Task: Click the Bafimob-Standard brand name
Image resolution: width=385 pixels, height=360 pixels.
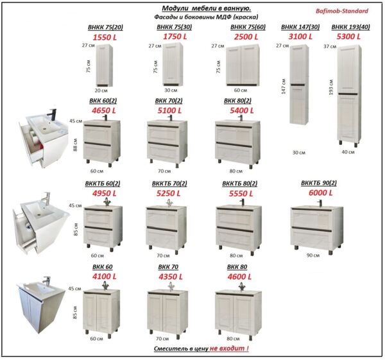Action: click(x=342, y=11)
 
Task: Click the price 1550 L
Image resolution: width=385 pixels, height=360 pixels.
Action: click(x=105, y=37)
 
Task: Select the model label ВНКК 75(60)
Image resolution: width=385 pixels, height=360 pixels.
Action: click(x=248, y=27)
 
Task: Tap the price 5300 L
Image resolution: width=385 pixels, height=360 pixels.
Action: click(x=348, y=37)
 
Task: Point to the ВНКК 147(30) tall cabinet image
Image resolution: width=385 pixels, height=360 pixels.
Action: click(x=299, y=85)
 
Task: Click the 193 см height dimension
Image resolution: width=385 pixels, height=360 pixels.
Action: click(x=330, y=87)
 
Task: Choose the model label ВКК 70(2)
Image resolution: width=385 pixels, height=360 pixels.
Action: click(x=169, y=101)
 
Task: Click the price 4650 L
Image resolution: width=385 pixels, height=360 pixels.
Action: click(x=104, y=110)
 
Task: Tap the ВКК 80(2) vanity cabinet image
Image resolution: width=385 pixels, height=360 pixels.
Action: click(x=237, y=142)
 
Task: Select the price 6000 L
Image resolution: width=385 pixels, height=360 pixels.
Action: click(x=320, y=193)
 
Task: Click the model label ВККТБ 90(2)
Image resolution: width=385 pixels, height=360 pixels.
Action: click(x=319, y=183)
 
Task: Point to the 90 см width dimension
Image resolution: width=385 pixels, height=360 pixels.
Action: click(x=313, y=255)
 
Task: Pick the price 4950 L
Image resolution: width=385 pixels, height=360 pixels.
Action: click(x=105, y=193)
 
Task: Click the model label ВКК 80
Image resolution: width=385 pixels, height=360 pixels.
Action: click(x=237, y=267)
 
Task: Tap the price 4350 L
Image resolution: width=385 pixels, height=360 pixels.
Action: click(x=171, y=277)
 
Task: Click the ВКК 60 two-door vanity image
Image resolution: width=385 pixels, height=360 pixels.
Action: click(x=101, y=311)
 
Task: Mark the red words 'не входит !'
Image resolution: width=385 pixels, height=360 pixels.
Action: click(x=229, y=348)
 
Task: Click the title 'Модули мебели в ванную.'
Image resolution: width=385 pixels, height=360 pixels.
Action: click(x=206, y=8)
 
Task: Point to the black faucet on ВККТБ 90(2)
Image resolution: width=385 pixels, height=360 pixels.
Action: click(x=320, y=203)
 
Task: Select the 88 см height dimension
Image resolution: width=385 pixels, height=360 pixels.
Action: click(x=75, y=145)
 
